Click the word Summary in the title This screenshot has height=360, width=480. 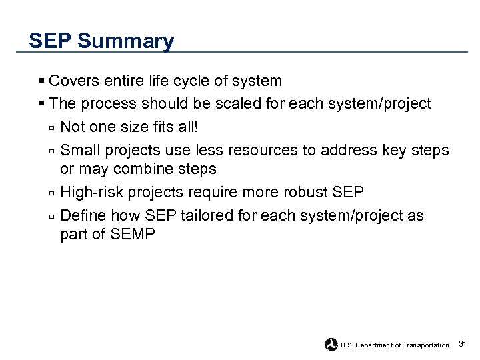(x=125, y=41)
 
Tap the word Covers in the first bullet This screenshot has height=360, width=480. (x=73, y=81)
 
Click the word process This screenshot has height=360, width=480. (x=109, y=104)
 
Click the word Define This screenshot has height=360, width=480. (x=83, y=216)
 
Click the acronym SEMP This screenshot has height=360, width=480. (x=133, y=235)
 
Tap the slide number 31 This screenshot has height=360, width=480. (x=463, y=344)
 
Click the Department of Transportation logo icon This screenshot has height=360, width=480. (x=331, y=345)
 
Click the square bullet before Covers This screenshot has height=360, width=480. (x=42, y=81)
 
